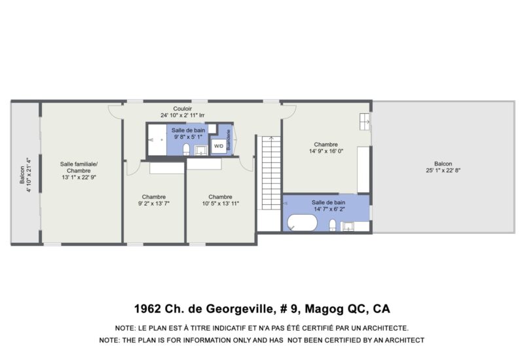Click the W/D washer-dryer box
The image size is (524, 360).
tap(219, 146)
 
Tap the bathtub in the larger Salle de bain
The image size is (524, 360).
tap(303, 223)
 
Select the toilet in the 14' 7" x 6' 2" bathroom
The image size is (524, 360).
tap(333, 225)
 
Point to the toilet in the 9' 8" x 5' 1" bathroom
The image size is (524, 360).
tap(187, 150)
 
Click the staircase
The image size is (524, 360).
tap(271, 173)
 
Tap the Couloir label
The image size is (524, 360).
tap(183, 109)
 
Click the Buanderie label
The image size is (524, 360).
tap(229, 139)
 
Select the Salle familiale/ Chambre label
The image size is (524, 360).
tap(79, 168)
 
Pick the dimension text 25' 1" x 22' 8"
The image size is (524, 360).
tap(443, 170)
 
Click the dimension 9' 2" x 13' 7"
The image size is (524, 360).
tap(154, 204)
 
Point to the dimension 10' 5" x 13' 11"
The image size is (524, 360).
tap(221, 204)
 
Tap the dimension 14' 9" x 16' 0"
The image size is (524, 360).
tap(326, 151)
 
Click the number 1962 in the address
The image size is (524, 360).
tap(147, 308)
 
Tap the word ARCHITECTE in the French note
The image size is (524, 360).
tap(386, 329)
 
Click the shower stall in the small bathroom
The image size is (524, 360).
tap(157, 140)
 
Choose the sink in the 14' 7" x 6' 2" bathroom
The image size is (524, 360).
tap(348, 226)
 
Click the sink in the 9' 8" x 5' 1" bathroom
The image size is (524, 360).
tap(201, 151)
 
